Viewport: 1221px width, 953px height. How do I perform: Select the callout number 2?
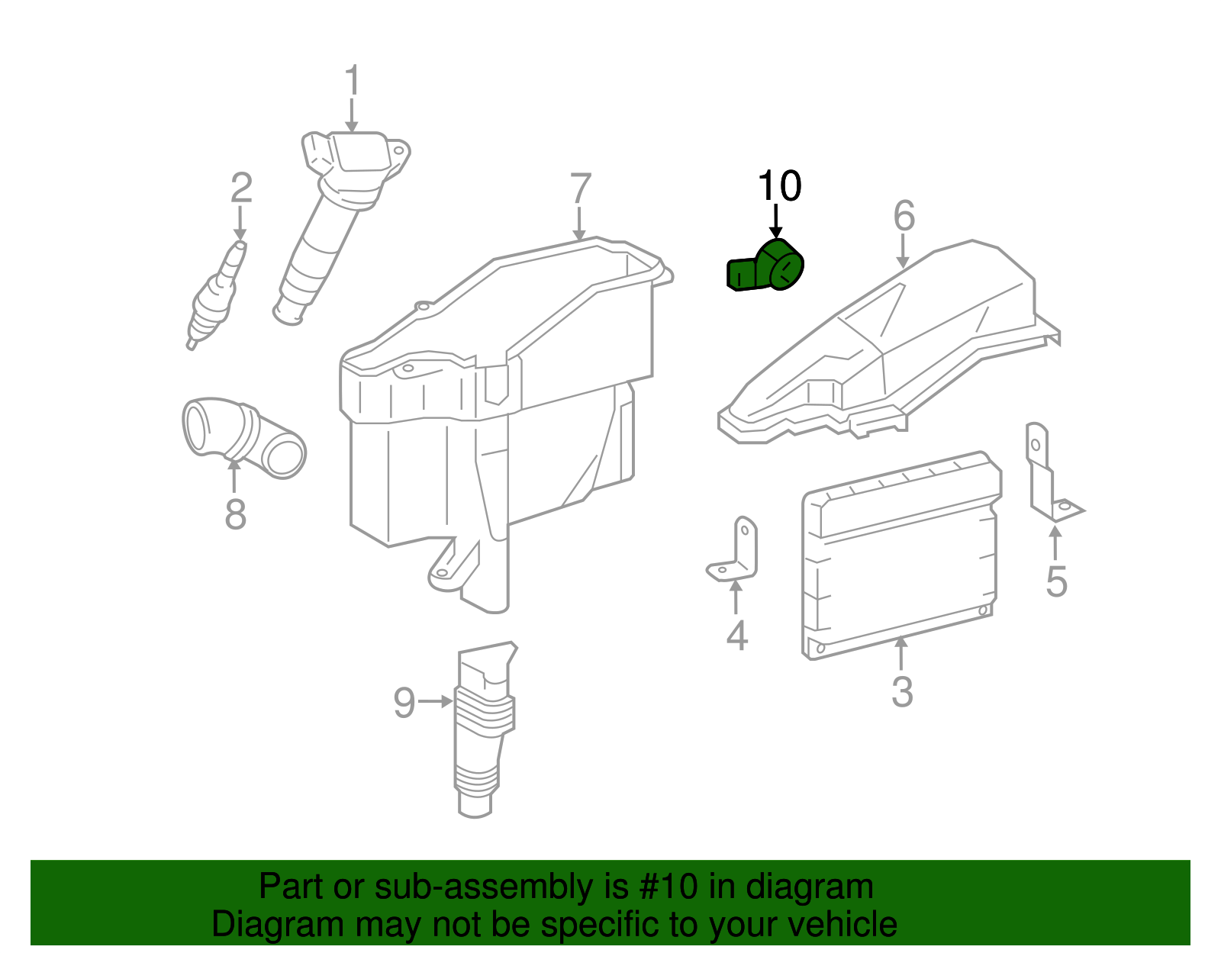241,188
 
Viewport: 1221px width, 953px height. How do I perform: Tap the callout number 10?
779,186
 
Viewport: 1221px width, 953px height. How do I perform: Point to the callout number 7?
581,189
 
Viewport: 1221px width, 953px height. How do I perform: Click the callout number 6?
904,216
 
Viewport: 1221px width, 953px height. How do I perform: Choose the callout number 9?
404,702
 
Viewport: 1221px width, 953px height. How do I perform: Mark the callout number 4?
736,636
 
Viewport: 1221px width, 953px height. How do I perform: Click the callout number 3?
902,691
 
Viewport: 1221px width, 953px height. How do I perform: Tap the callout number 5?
1056,581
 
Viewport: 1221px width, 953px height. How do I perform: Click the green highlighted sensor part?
765,266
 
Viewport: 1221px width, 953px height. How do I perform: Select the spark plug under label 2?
217,294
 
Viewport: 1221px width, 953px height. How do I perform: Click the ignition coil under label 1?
336,214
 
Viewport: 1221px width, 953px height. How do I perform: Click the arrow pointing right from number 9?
436,701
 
